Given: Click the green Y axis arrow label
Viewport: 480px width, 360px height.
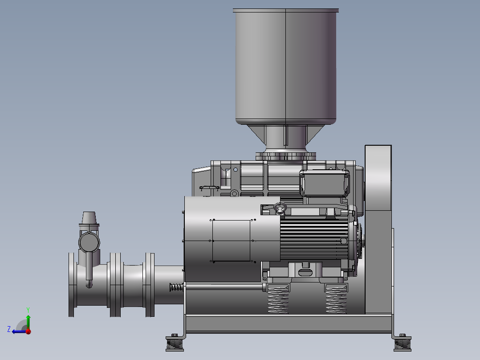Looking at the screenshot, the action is [x=28, y=310].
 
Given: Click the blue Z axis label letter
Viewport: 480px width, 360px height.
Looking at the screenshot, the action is [x=9, y=329].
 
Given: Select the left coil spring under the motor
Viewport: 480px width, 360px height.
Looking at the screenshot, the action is [x=278, y=299].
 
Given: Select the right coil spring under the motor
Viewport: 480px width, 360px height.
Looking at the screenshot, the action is [x=336, y=299].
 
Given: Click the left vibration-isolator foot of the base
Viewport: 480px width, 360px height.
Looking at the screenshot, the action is [x=175, y=343].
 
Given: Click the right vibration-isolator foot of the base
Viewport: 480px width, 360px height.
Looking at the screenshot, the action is [x=403, y=343].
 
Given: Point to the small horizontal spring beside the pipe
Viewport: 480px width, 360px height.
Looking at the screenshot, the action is [x=177, y=287].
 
